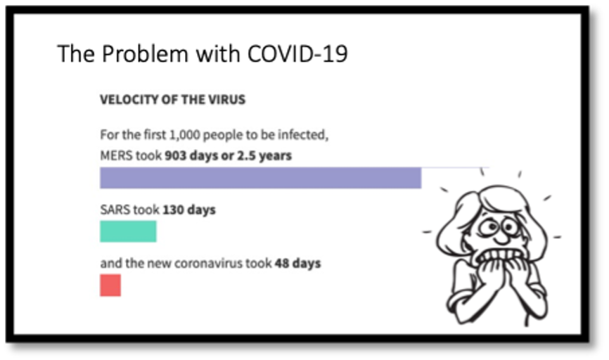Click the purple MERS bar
click(x=260, y=178)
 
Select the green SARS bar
click(x=128, y=231)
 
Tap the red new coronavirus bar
click(x=110, y=285)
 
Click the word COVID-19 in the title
click(x=297, y=53)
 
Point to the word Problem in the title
click(x=146, y=53)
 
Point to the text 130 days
click(x=189, y=210)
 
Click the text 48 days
click(x=298, y=263)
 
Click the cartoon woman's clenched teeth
click(x=501, y=255)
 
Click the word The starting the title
click(x=76, y=53)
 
